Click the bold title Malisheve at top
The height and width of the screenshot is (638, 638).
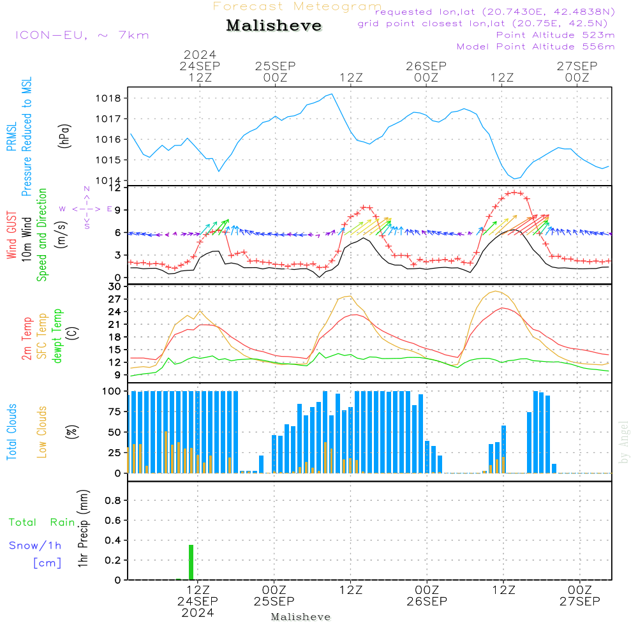point(274,26)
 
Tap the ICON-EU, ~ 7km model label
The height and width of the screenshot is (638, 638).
point(82,35)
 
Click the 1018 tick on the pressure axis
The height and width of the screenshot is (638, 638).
point(108,98)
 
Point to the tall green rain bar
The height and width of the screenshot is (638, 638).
point(191,562)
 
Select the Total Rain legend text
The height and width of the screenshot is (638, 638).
point(42,523)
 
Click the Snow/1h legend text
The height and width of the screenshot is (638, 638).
point(35,545)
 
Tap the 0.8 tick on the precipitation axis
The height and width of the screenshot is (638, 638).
point(113,500)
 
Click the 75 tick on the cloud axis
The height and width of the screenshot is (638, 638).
point(114,412)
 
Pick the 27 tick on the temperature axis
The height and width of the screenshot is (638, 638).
point(114,299)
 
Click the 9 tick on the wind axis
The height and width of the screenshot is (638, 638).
point(118,211)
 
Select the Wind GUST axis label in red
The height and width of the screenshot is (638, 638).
point(11,235)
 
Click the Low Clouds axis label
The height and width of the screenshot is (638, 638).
point(41,432)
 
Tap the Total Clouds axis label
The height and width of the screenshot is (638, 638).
point(11,432)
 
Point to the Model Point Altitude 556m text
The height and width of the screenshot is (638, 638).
point(535,47)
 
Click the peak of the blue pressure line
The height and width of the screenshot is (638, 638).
point(332,94)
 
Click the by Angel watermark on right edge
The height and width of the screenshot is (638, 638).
point(623,442)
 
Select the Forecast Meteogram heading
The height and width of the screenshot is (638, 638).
point(297,6)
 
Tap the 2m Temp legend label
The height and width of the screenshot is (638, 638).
point(26,339)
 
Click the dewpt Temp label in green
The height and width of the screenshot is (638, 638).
point(57,336)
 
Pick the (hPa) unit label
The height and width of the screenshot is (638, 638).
point(64,136)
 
